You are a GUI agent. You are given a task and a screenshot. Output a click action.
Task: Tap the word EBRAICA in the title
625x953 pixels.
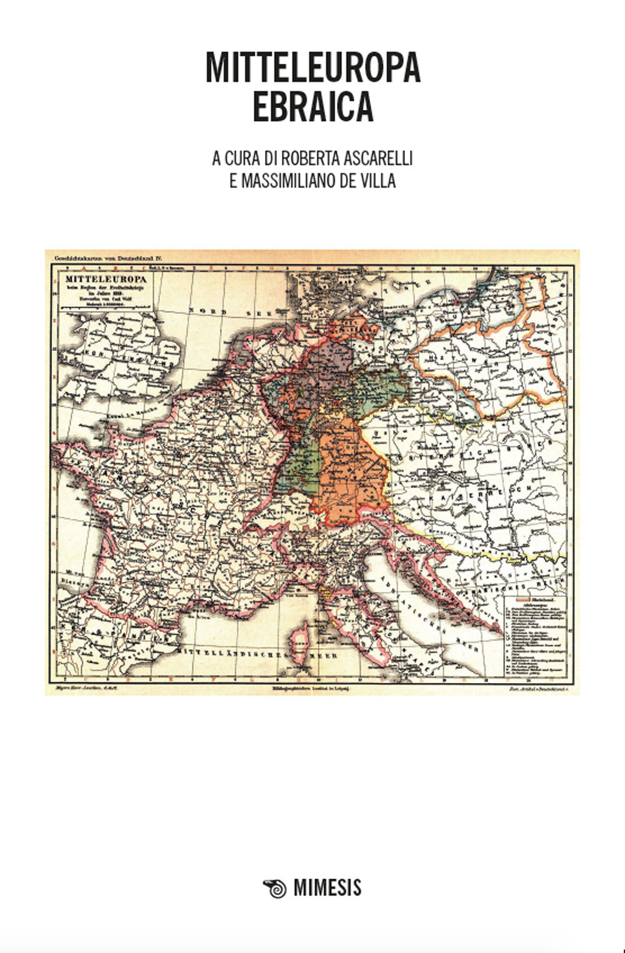coord(312,107)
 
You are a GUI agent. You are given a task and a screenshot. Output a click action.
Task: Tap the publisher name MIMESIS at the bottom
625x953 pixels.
coord(327,888)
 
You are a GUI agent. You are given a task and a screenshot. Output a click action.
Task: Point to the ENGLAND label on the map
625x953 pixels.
coord(147,359)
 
